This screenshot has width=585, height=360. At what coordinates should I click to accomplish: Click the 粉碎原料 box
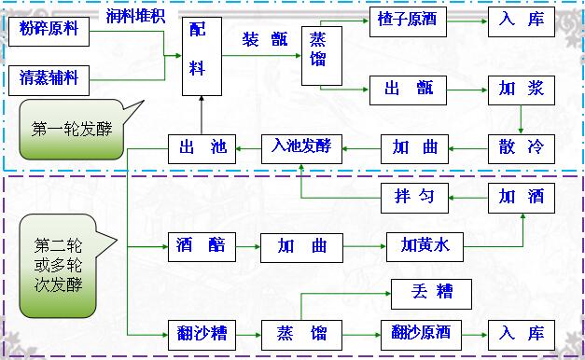[54, 31]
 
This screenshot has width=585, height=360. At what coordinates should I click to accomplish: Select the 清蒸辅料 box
[54, 79]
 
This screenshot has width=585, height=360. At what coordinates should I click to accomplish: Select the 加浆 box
[522, 90]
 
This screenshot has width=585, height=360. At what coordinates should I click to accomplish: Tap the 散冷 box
[522, 147]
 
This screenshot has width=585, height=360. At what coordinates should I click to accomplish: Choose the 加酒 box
[522, 197]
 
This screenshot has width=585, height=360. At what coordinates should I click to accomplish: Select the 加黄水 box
[425, 246]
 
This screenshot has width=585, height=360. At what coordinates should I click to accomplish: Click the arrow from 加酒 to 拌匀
[467, 197]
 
